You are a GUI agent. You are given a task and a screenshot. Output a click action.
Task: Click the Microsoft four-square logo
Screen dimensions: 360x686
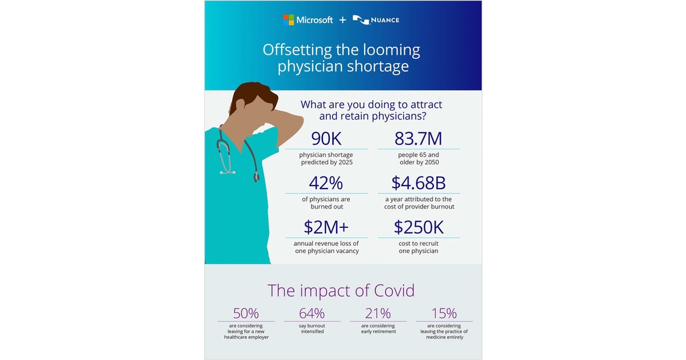coord(289,20)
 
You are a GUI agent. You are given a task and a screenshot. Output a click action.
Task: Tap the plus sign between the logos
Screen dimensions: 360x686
coord(342,20)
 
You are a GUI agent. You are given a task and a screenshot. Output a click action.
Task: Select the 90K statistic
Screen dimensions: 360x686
coord(326,139)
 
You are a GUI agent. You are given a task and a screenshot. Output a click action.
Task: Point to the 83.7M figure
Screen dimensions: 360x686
coord(418,139)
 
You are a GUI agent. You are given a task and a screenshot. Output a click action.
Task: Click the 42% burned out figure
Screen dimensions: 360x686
coord(326,183)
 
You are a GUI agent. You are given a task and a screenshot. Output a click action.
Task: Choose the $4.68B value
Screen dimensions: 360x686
coord(418,183)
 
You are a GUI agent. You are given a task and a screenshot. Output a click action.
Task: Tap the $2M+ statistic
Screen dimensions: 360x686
coord(326,227)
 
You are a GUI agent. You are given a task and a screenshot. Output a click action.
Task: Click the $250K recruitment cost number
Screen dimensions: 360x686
coord(418,227)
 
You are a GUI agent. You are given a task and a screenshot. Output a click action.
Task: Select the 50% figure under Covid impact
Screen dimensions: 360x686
coord(246,313)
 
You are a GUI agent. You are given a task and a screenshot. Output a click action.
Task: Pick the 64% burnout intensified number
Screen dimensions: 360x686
coord(312,313)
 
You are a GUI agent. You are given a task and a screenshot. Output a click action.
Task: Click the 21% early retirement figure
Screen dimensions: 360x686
coord(378,313)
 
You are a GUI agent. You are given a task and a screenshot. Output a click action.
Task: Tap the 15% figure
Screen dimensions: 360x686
coord(444,313)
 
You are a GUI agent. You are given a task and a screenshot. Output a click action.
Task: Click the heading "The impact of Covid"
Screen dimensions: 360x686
coord(341,290)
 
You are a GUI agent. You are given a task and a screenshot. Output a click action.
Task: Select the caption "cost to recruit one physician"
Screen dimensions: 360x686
coord(418,247)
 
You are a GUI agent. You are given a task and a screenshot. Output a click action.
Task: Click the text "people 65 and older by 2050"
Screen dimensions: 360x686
coord(418,158)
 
